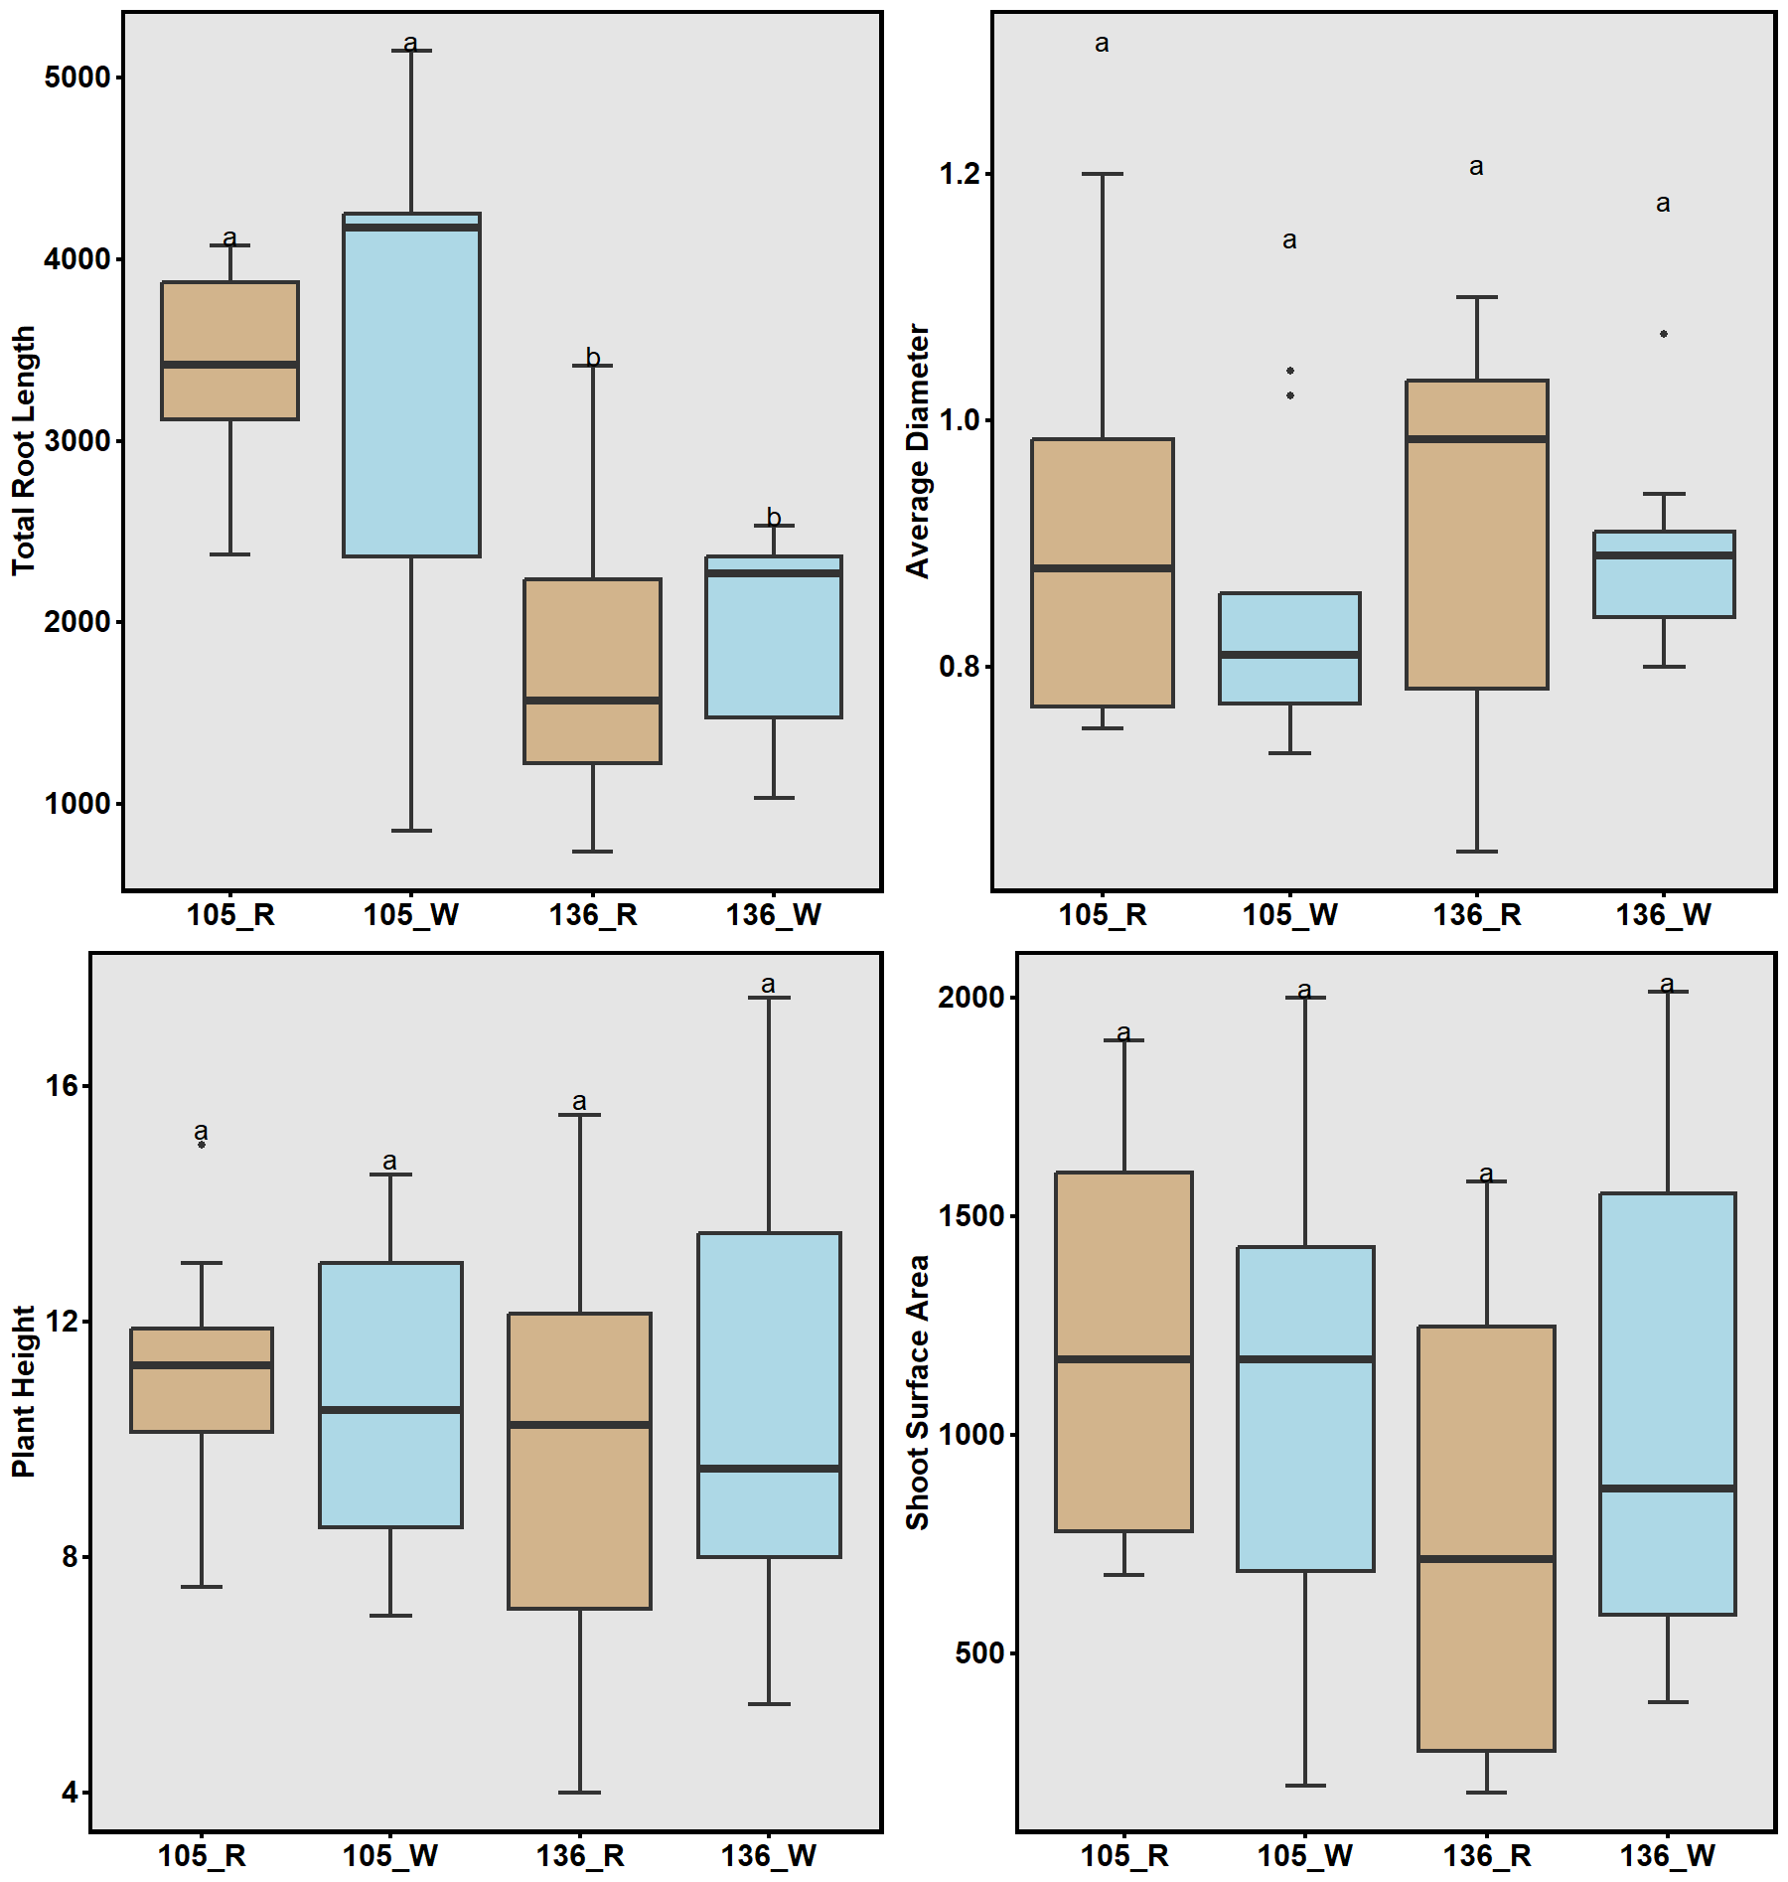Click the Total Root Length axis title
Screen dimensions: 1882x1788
point(24,450)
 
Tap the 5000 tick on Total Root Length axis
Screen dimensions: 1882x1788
point(76,78)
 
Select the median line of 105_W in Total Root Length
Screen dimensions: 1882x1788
point(411,227)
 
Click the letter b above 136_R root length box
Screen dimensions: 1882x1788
point(593,357)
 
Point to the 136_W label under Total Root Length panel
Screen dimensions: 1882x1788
point(773,915)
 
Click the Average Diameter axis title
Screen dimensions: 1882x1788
point(918,450)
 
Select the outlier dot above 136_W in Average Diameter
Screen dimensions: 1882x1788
point(1664,334)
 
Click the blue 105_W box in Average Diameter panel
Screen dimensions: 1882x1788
point(1289,626)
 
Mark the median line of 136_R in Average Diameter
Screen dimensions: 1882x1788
point(1477,438)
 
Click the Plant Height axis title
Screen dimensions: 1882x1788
point(24,1391)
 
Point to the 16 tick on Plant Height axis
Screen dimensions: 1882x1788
point(62,1085)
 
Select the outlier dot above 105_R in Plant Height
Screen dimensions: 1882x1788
point(202,1145)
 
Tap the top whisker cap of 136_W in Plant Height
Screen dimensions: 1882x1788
point(769,998)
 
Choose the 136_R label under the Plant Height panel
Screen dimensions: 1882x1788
point(580,1856)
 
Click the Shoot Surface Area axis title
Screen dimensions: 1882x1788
point(918,1391)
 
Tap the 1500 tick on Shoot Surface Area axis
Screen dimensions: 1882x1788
point(971,1216)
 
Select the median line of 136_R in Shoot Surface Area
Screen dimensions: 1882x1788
point(1486,1559)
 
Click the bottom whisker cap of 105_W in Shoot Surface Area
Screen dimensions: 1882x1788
point(1305,1786)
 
